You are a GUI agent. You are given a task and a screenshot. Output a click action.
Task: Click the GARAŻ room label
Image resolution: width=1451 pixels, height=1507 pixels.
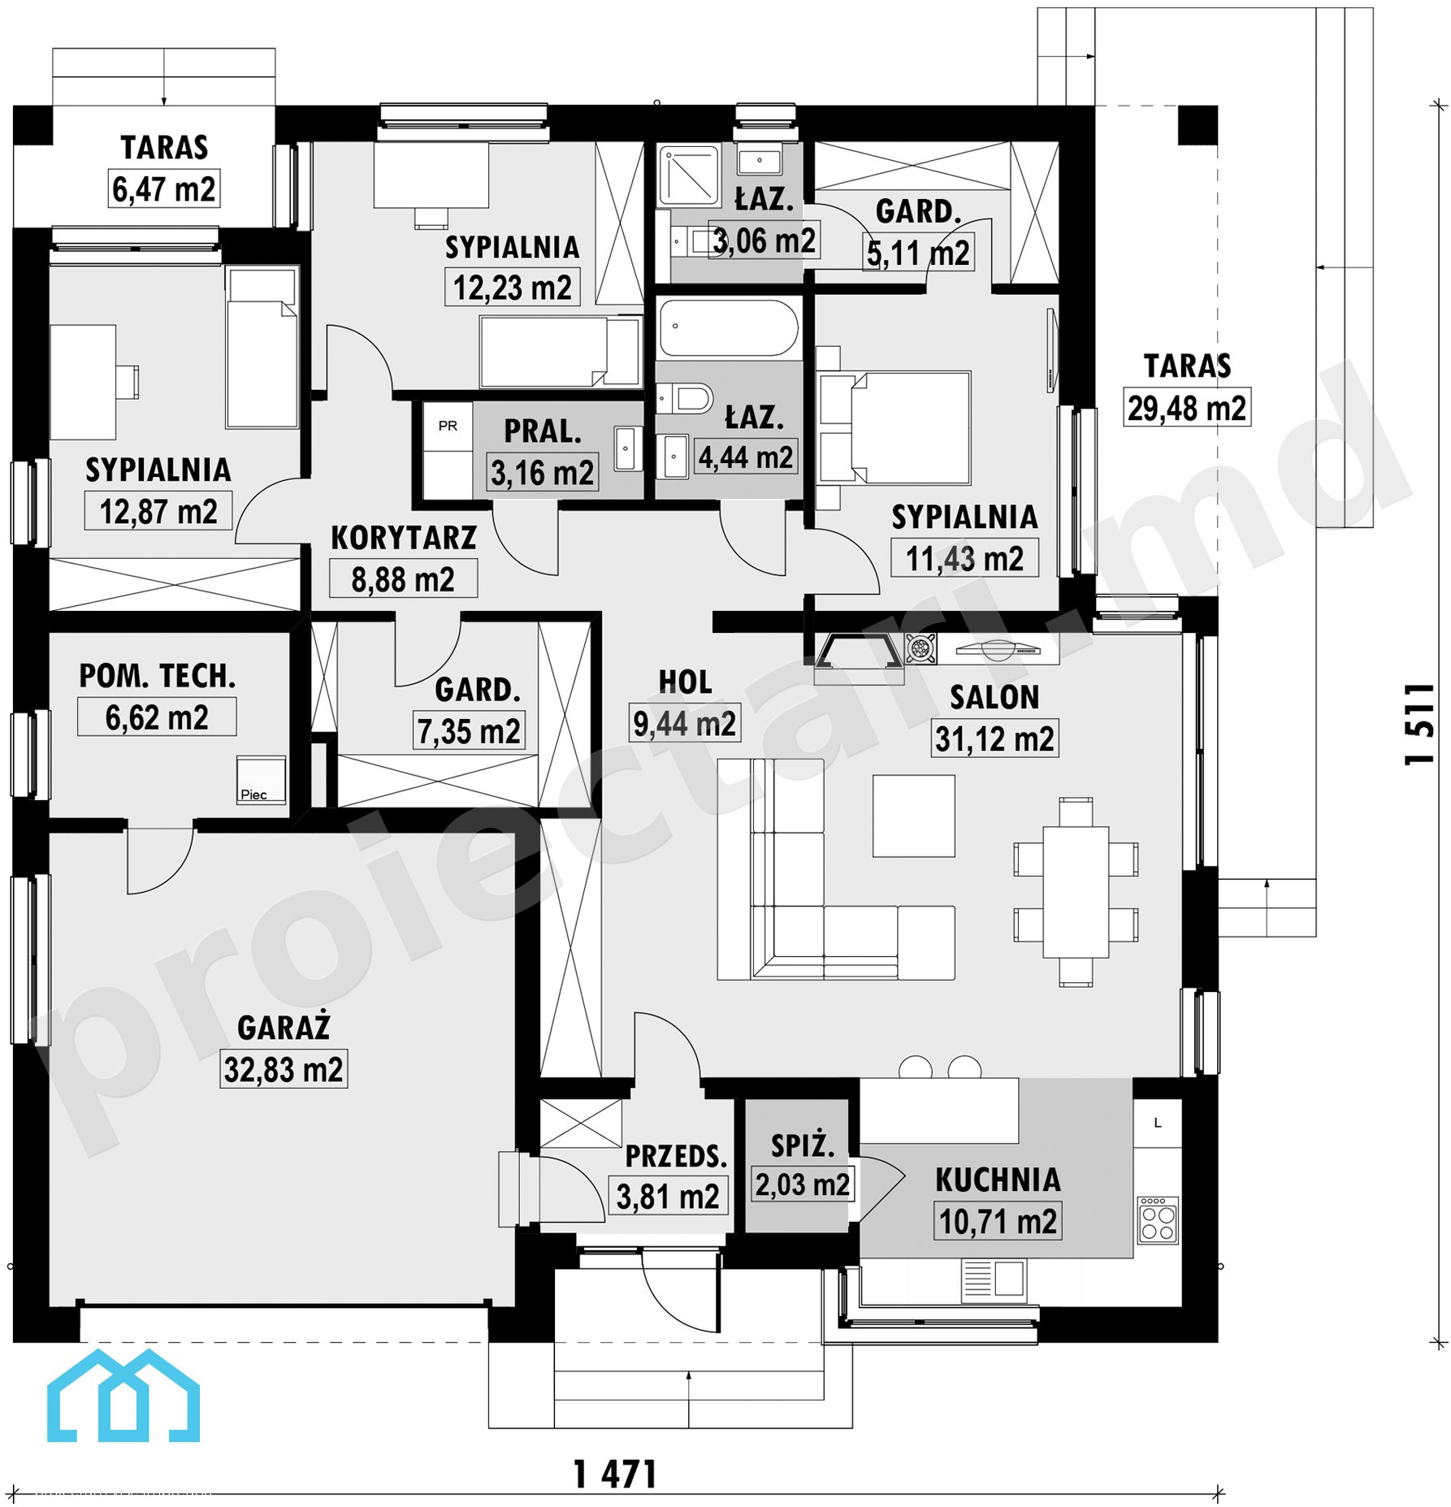pos(284,1027)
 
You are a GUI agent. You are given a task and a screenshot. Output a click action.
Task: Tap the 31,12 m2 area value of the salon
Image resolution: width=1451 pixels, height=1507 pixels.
pos(994,739)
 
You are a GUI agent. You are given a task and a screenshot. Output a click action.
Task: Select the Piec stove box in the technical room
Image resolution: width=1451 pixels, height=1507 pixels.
pos(261,779)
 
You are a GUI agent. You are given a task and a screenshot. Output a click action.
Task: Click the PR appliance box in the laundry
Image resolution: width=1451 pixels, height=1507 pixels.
pos(448,426)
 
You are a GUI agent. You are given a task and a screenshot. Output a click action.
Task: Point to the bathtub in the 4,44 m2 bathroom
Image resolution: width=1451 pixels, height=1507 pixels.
pos(729,329)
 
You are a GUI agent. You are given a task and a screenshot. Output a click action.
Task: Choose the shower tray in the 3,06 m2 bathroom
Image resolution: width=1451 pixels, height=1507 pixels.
pos(689,175)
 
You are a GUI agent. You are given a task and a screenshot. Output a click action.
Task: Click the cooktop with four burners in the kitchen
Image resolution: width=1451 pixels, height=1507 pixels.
pos(1158,1219)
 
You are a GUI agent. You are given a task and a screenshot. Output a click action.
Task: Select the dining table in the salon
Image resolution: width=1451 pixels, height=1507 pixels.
pos(1076,892)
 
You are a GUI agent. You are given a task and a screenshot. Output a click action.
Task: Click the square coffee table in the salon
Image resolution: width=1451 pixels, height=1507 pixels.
pos(914,816)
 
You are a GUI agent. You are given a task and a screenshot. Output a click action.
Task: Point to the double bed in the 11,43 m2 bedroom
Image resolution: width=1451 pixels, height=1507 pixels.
pos(894,428)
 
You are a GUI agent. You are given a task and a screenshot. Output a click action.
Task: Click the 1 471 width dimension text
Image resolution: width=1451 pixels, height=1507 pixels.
pos(615,1475)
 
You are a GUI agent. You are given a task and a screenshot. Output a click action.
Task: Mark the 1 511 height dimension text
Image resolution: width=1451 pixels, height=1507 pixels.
pos(1420,723)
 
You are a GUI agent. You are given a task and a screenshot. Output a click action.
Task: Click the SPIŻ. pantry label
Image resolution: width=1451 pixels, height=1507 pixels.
pos(803,1145)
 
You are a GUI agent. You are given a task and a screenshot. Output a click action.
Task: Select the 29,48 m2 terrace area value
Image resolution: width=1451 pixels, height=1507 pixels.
pos(1187,408)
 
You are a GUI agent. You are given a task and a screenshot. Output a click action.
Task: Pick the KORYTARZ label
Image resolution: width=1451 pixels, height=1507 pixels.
pos(404,538)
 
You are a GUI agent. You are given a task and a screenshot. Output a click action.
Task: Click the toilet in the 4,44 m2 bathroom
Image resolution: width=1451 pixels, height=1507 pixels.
pos(685,398)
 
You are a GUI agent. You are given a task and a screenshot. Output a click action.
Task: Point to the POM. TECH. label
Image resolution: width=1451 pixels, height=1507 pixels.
pos(158,676)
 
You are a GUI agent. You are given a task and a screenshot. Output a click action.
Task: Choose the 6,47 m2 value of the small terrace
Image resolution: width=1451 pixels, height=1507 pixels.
pos(164,189)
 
